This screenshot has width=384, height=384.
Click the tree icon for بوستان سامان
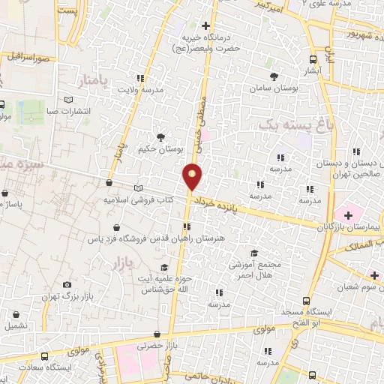click(x=274, y=76)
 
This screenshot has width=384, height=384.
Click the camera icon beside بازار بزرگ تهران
click(x=67, y=285)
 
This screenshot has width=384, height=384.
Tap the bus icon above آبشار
click(x=313, y=58)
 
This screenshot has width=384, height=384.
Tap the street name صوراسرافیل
click(x=30, y=57)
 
